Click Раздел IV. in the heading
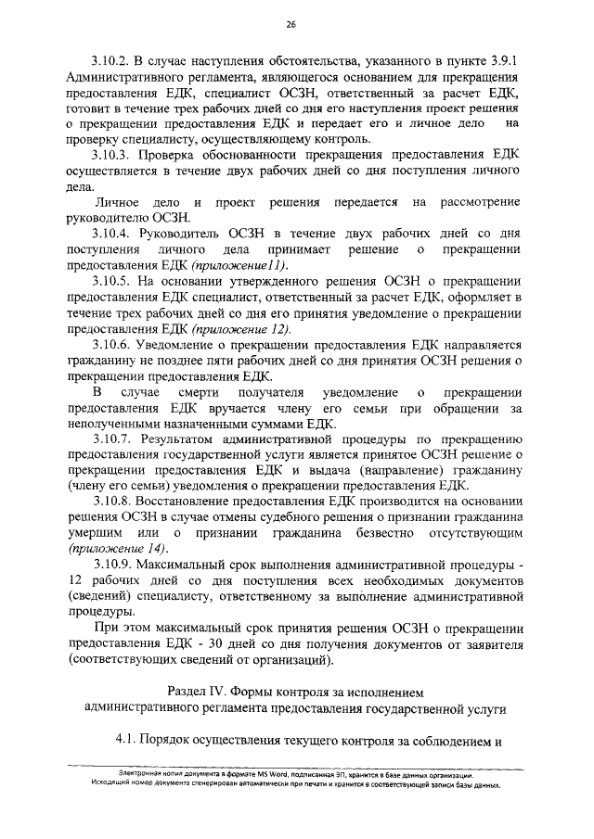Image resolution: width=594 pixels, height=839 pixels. pyautogui.click(x=200, y=692)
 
